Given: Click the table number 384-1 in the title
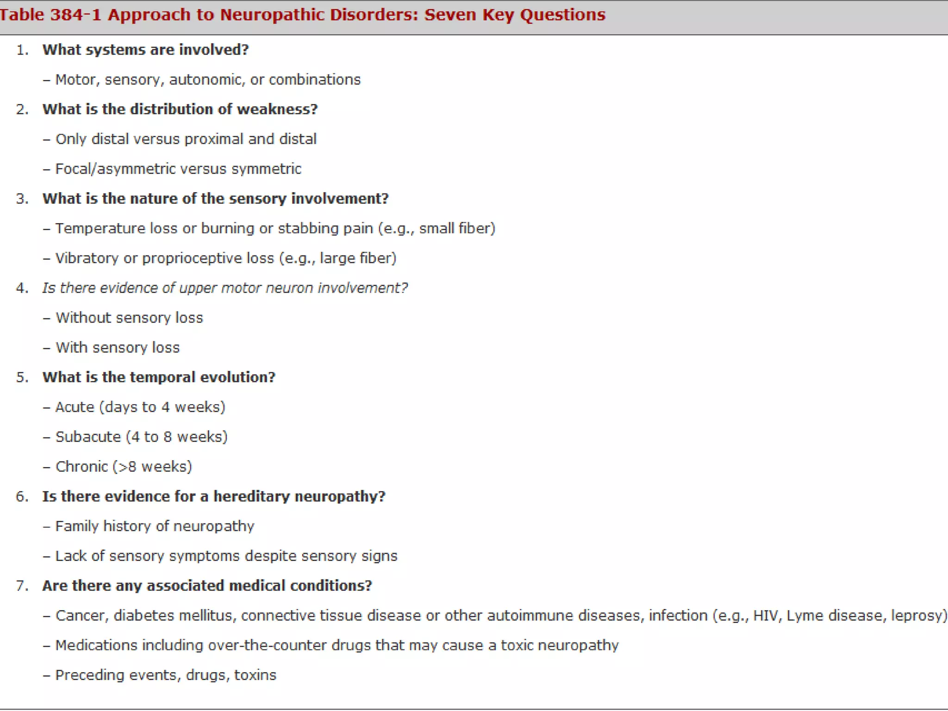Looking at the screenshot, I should tap(75, 15).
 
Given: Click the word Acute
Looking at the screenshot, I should tap(75, 407).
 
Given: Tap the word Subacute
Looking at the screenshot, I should tap(88, 437).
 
